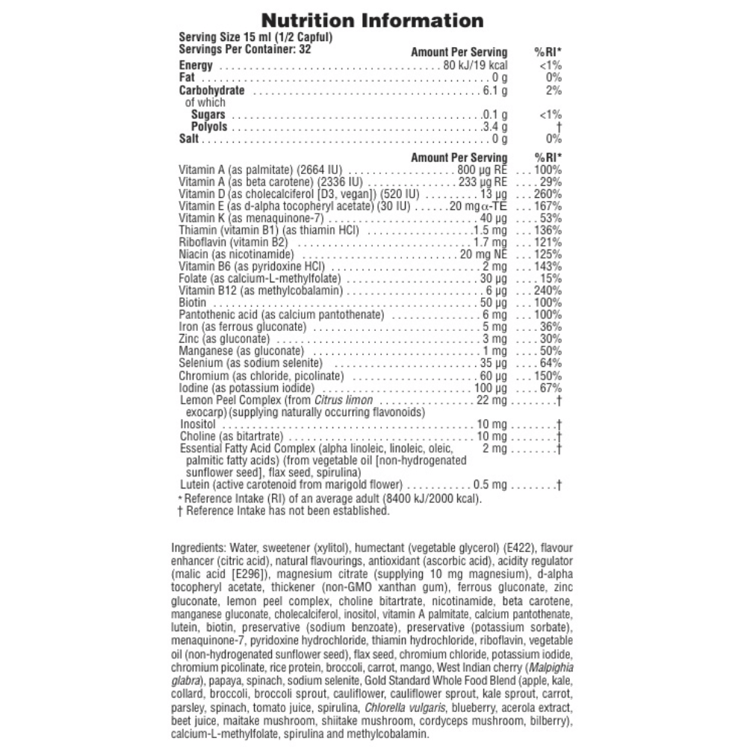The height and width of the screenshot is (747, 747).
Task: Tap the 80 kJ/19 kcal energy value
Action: coord(475,66)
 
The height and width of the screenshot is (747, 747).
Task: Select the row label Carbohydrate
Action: coord(212,90)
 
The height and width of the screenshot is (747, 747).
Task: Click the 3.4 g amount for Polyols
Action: coord(494,127)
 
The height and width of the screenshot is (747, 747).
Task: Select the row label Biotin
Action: coord(193,303)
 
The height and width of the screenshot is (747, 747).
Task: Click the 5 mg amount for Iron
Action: coord(495,326)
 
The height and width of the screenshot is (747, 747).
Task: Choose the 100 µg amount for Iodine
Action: coord(490,388)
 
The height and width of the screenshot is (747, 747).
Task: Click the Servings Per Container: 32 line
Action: coord(244,49)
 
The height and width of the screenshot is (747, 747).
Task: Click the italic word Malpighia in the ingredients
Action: coord(551,666)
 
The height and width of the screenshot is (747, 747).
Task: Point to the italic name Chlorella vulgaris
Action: coord(394,708)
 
